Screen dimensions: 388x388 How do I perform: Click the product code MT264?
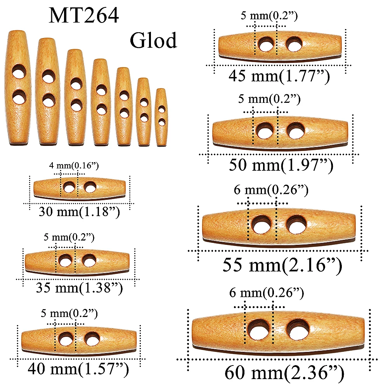click(83, 16)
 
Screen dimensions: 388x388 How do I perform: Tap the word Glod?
click(153, 40)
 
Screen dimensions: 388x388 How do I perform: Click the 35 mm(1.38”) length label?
click(79, 288)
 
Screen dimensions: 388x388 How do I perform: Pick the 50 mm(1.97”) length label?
click(281, 165)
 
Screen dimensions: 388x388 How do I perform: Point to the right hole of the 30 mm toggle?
click(90, 188)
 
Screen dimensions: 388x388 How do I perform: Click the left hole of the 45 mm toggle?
click(266, 45)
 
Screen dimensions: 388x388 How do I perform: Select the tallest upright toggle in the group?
click(18, 87)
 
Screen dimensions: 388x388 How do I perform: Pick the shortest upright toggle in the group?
click(161, 117)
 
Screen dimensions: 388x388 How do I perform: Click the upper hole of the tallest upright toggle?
click(18, 73)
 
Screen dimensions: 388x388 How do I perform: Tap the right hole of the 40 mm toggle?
click(92, 339)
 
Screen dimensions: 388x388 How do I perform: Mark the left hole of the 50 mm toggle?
click(265, 130)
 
